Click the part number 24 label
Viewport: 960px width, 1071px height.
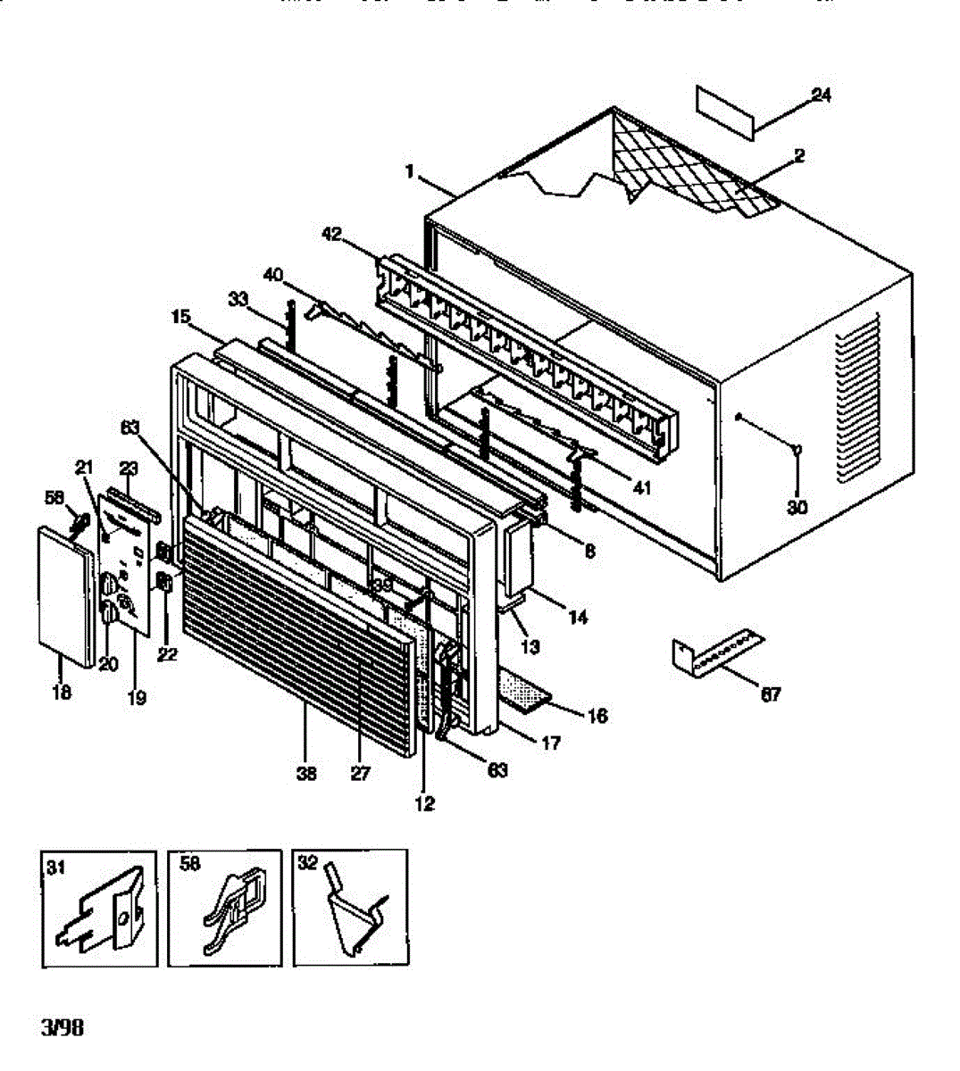tap(821, 95)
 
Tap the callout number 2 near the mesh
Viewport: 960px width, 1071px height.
tap(798, 156)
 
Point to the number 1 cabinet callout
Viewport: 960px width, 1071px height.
tap(411, 172)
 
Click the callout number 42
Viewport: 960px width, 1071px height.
tap(331, 235)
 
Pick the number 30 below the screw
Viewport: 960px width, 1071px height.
tap(797, 507)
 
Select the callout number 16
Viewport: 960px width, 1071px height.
tap(597, 715)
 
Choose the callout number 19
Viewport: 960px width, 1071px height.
tap(136, 698)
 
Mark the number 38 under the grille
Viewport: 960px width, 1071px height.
tap(306, 774)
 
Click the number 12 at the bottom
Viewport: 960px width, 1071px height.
tap(425, 803)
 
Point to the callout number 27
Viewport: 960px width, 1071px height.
tap(360, 774)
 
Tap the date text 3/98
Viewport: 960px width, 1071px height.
tap(63, 1027)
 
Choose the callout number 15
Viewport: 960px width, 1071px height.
tap(181, 317)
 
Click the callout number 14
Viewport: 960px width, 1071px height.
tap(578, 617)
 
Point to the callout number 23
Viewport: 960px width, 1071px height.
tap(129, 467)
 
